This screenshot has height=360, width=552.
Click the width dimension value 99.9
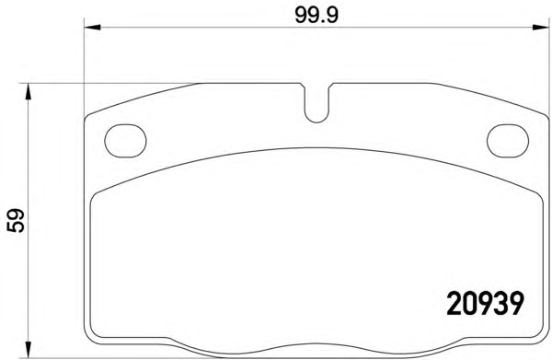pos(316,15)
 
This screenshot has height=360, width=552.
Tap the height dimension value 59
pos(16,221)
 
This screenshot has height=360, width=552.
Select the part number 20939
pos(485,304)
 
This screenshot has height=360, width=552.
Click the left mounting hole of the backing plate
pos(125,141)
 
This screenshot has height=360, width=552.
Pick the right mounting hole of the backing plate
pos(508,141)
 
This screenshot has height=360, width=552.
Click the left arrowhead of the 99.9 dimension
pos(93,27)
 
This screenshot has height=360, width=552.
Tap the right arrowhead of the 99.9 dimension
pos(541,27)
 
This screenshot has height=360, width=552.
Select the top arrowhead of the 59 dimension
pos(29,91)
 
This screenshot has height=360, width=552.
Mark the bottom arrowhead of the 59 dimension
pos(29,350)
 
